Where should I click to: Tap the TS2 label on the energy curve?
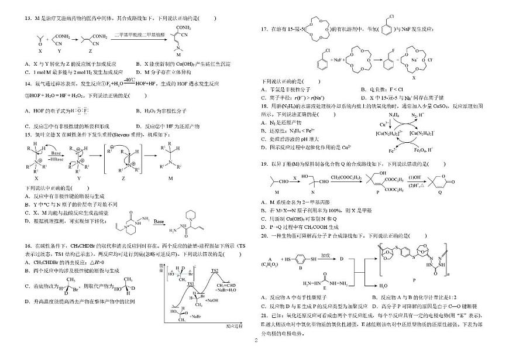pos(215,271)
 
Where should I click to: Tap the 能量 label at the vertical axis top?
pos(162,267)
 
